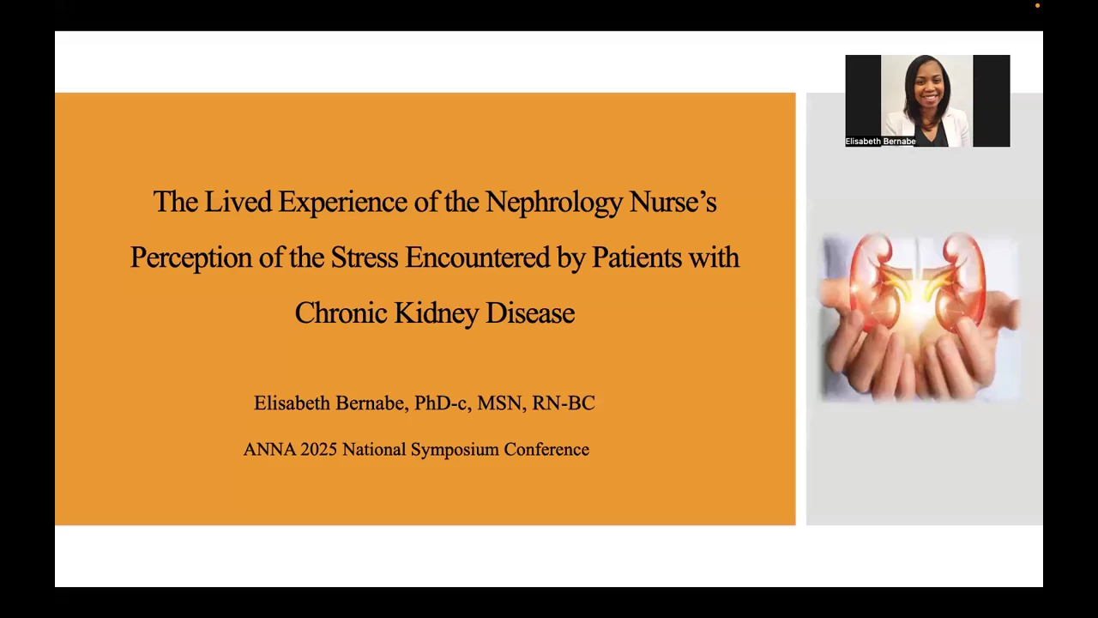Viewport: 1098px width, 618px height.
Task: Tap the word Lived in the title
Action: tap(238, 201)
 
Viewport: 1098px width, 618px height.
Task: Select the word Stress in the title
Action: tap(365, 257)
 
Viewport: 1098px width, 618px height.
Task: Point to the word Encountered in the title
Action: tap(477, 257)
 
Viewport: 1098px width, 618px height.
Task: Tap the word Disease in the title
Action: tap(530, 313)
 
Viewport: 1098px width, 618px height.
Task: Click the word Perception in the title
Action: tap(191, 258)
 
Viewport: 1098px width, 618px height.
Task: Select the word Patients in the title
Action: tap(636, 257)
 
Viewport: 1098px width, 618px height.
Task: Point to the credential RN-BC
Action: tap(564, 403)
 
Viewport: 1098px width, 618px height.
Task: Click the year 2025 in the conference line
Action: tap(318, 449)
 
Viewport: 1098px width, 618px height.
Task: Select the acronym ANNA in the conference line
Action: tap(269, 449)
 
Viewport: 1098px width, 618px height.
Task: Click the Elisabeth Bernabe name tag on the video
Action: tap(880, 142)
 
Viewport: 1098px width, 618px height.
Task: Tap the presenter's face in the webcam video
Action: tap(928, 88)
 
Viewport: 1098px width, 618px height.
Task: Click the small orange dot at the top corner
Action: tap(1037, 6)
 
